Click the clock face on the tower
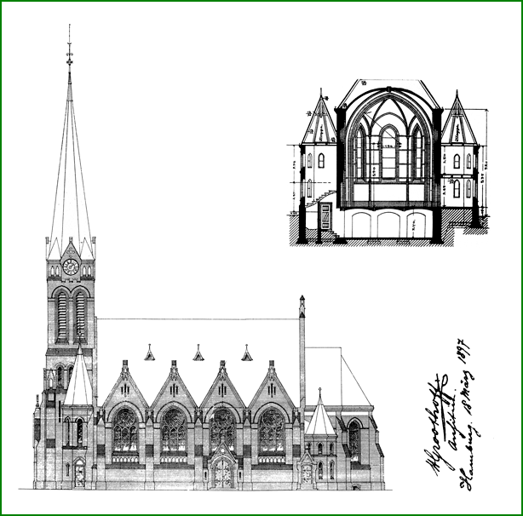(x=71, y=267)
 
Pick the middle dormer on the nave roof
(x=198, y=353)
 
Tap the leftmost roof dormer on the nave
(x=150, y=353)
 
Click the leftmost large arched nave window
(x=125, y=430)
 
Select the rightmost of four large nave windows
(x=272, y=430)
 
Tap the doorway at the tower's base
(x=78, y=473)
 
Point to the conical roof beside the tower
(x=79, y=379)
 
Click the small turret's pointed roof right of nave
(x=320, y=417)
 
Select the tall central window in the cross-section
(x=388, y=153)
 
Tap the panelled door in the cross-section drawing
(x=325, y=217)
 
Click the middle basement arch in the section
(x=388, y=224)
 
